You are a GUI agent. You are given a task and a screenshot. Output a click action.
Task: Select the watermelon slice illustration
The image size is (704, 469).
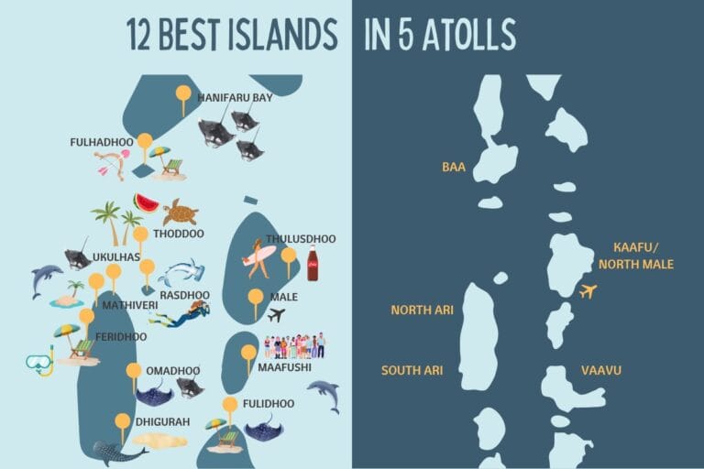pyautogui.click(x=145, y=202)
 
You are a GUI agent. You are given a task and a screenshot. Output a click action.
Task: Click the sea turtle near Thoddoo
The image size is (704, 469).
pyautogui.click(x=180, y=213)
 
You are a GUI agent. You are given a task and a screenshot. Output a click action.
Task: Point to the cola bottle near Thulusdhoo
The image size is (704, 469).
pyautogui.click(x=313, y=263)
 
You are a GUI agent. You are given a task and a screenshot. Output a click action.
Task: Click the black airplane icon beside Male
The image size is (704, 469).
pyautogui.click(x=276, y=314)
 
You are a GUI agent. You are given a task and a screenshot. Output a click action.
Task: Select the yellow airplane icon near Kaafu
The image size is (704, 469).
pyautogui.click(x=588, y=291)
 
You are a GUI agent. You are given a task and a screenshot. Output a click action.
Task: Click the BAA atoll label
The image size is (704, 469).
pyautogui.click(x=454, y=167)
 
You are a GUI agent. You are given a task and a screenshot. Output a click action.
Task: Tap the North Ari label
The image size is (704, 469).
pyautogui.click(x=422, y=310)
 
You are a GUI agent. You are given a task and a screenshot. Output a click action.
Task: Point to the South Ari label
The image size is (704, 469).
pyautogui.click(x=412, y=370)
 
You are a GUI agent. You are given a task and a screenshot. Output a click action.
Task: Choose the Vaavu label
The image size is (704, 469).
pyautogui.click(x=601, y=370)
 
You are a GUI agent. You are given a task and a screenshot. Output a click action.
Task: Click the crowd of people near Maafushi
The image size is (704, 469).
pyautogui.click(x=294, y=345)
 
